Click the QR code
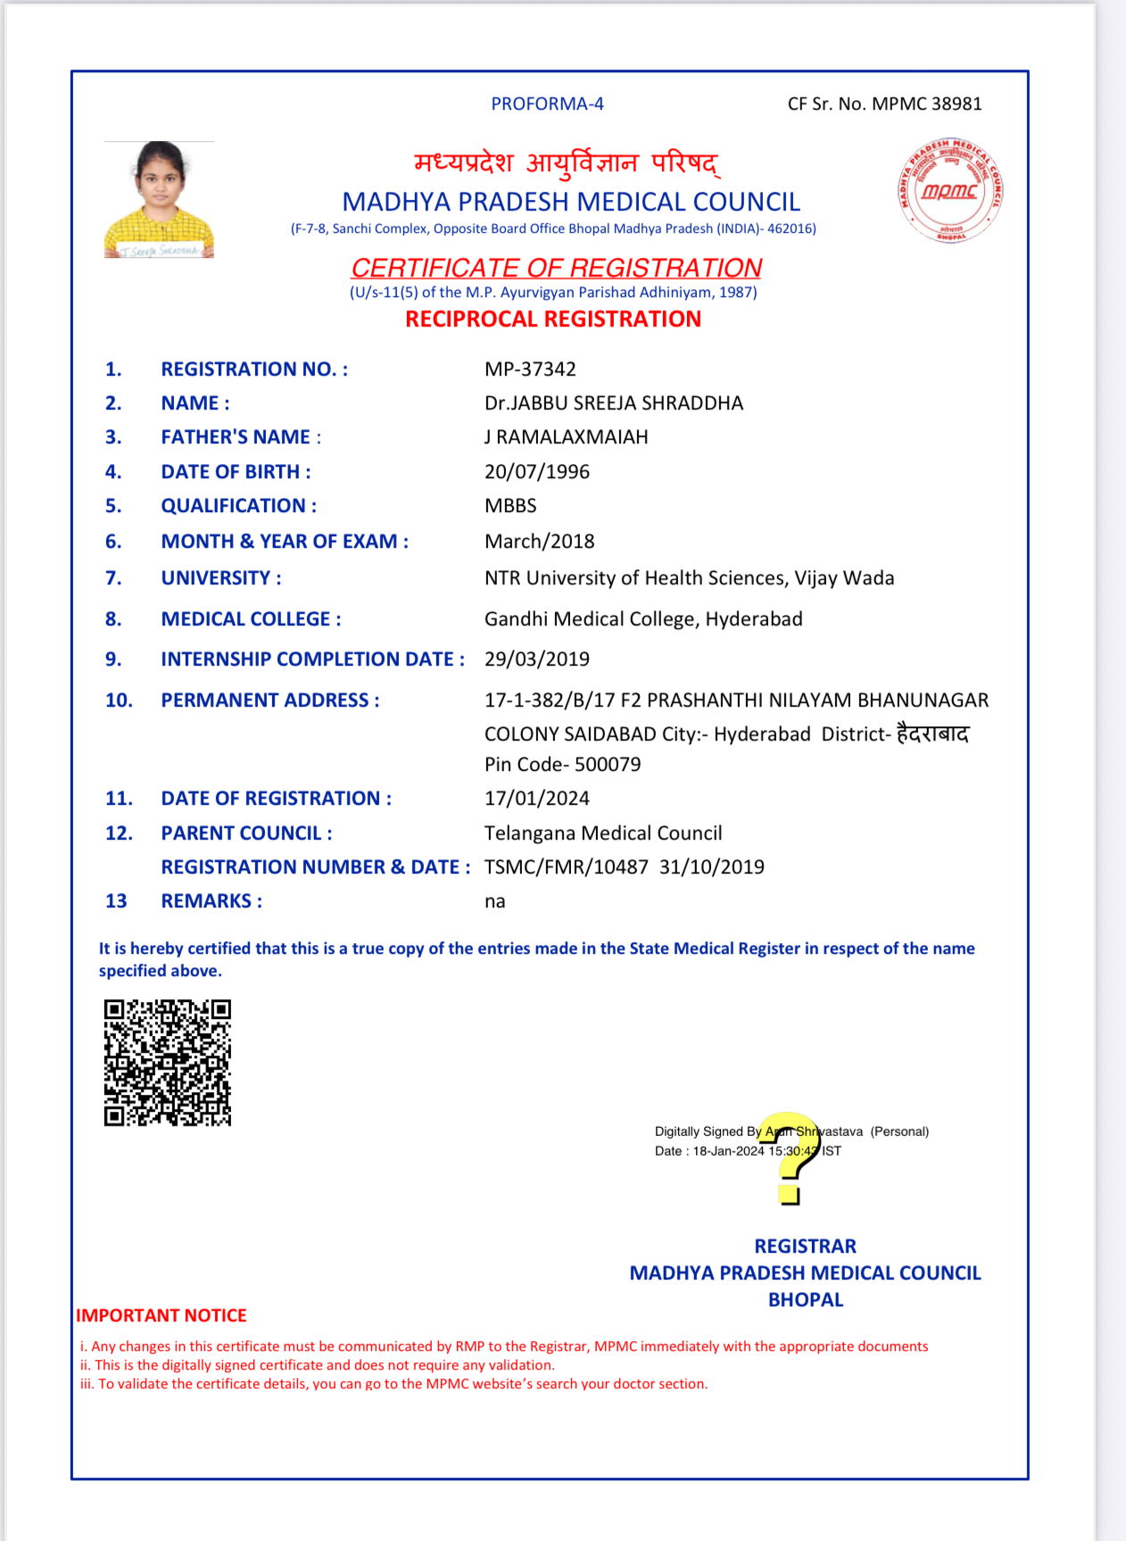(167, 1062)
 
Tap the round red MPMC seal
(950, 190)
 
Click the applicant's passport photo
(159, 200)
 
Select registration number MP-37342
(530, 369)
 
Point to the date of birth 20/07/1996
(536, 472)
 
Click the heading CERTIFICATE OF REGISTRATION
(556, 268)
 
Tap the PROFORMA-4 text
(547, 104)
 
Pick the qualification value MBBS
(510, 506)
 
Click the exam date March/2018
(539, 542)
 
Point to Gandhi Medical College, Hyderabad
(642, 619)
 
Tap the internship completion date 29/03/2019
(536, 659)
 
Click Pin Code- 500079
(562, 765)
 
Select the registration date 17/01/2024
(536, 799)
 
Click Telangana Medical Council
(602, 833)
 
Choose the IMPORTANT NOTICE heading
(161, 1315)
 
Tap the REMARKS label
(211, 901)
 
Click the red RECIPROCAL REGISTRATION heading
(552, 319)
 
